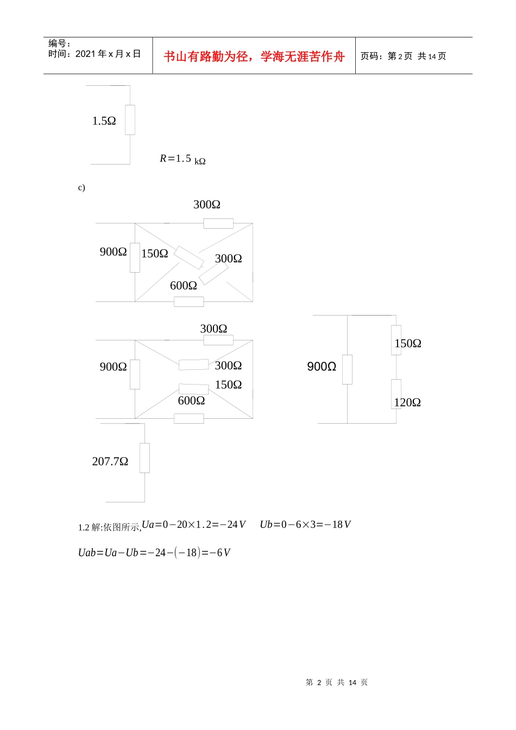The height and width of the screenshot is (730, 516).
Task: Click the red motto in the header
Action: coord(254,56)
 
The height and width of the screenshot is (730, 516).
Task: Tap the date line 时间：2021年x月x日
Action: coord(95,54)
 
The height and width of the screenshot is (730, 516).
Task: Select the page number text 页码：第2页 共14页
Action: coord(403,56)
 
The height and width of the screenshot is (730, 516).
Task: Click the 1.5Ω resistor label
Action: coord(104,121)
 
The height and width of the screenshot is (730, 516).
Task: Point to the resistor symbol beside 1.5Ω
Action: coord(130,120)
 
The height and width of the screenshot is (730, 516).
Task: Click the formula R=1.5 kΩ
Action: coord(183,159)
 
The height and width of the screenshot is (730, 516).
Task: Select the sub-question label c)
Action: coord(81,187)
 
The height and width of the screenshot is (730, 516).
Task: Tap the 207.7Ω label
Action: coord(110,461)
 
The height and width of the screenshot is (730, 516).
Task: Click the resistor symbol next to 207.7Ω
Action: coord(144,458)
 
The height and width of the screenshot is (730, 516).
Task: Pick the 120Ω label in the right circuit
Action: coord(407,402)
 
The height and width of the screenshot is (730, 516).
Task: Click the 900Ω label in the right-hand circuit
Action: coord(322,367)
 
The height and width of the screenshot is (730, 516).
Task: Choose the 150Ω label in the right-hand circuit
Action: coord(408,343)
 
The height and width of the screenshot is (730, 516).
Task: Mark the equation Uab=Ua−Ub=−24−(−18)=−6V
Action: coord(154,552)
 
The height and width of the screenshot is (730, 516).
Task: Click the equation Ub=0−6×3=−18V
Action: coord(305,524)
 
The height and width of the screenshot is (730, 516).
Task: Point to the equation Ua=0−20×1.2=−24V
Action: coord(193,524)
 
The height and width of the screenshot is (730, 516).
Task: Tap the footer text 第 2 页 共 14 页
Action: coord(337,682)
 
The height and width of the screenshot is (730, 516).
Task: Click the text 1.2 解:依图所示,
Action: coord(110,527)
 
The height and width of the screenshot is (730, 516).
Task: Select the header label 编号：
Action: coord(59,43)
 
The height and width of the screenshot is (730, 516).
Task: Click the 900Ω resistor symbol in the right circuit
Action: coord(347,369)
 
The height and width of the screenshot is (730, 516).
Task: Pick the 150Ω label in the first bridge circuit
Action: coord(154,253)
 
